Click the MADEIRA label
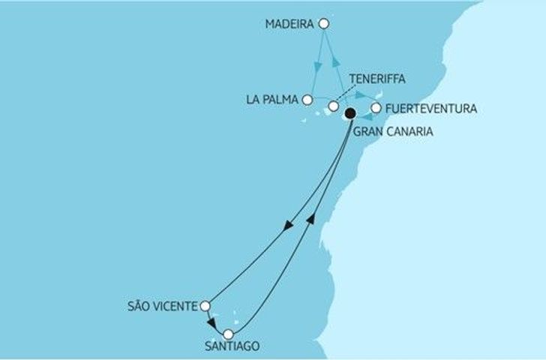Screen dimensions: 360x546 point(289,25)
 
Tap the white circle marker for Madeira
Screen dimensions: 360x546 point(324,24)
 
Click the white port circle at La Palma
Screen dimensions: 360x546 point(307,99)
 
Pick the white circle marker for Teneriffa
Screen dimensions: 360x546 point(333,106)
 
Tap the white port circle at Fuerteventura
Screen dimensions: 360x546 point(376,108)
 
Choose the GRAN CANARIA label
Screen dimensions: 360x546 point(394,130)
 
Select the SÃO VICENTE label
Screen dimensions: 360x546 point(163,305)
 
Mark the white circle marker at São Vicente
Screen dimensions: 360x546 point(205,305)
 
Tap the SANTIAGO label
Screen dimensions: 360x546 point(231,346)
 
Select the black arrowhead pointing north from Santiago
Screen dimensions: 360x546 point(311,215)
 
